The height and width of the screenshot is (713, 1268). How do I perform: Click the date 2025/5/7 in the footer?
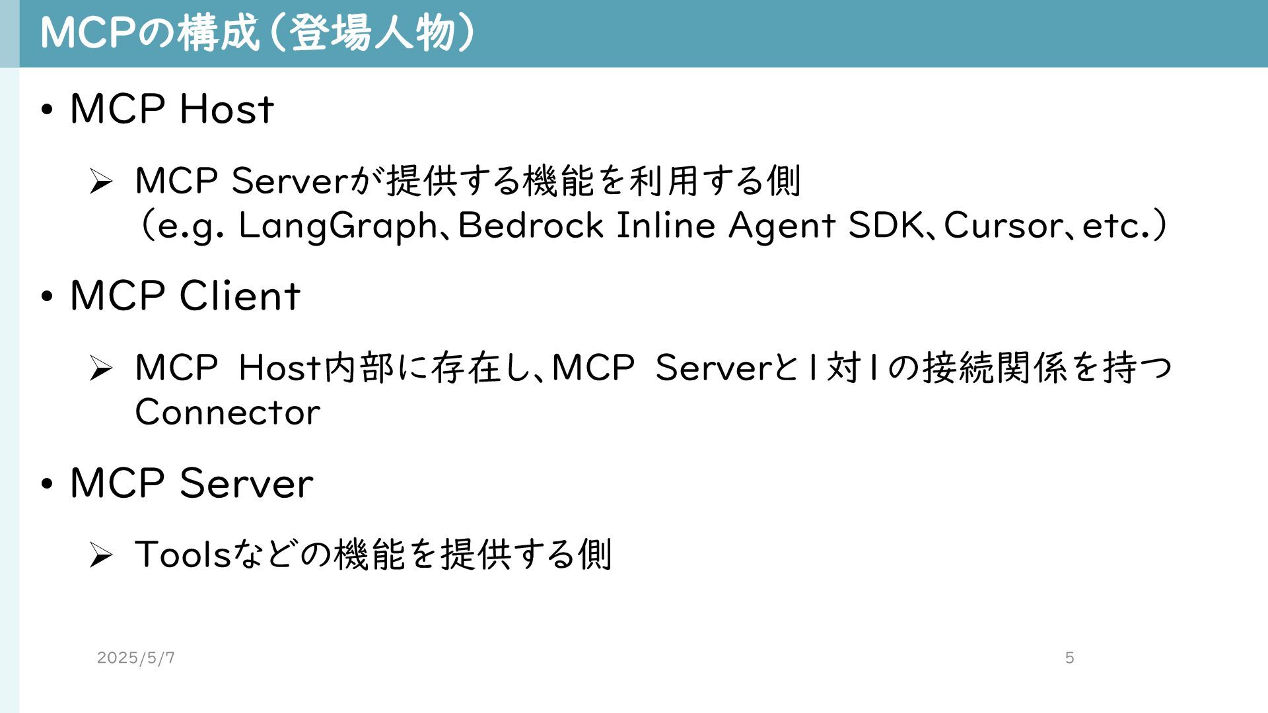point(136,658)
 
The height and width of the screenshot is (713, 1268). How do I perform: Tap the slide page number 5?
point(1070,658)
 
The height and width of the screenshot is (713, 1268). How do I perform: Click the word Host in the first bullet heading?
point(227,109)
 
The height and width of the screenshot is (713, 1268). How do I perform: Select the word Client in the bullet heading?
point(240,296)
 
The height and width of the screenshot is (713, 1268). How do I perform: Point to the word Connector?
point(227,413)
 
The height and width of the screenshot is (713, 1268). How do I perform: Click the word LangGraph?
point(337,226)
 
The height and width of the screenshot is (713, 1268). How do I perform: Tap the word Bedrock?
point(530,226)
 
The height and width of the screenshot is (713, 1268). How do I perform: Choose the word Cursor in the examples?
point(1003,226)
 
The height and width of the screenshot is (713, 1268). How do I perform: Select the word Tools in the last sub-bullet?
point(183,554)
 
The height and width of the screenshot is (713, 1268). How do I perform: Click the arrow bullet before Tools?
point(100,555)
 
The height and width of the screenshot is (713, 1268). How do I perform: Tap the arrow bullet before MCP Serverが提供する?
point(100,182)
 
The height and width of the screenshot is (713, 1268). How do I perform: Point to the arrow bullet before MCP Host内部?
point(100,368)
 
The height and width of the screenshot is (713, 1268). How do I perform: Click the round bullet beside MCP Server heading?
point(46,484)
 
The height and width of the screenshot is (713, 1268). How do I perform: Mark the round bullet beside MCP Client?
point(46,297)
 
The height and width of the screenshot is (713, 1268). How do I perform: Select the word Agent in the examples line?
point(782,226)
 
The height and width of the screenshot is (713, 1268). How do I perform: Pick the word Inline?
point(666,226)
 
